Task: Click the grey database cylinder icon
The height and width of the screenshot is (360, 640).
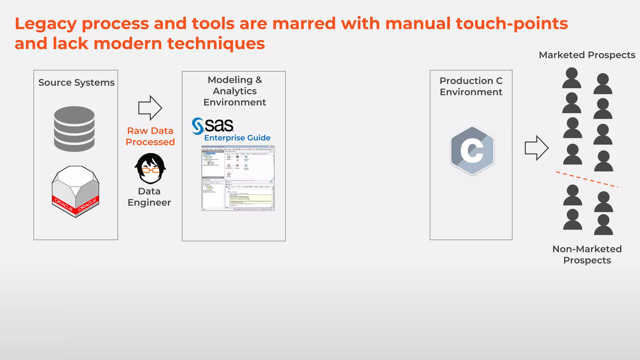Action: pos(74,129)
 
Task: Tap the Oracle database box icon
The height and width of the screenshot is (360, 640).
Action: pos(75,191)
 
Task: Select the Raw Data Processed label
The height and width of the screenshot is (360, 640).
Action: pos(150,136)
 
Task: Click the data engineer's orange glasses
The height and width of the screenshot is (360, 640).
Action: pos(150,170)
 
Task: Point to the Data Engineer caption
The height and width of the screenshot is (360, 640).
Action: pos(149,197)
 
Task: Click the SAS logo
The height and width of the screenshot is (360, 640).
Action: pos(213,126)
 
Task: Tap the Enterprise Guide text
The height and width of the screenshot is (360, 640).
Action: pos(237,138)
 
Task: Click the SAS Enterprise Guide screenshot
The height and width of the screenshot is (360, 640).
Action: pos(238,178)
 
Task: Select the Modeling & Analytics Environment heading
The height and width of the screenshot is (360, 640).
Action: pos(234,91)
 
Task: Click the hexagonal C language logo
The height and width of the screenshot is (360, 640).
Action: pos(472,151)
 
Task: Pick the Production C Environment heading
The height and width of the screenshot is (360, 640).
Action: pos(471,86)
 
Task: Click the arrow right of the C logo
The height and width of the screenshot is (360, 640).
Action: pos(536,148)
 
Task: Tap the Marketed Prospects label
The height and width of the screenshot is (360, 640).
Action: pos(587,55)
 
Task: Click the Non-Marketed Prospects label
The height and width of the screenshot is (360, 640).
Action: pos(587,254)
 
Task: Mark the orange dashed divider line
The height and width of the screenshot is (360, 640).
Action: pos(587,179)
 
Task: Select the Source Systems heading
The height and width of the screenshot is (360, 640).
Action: pos(76,82)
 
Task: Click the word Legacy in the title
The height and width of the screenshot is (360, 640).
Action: pos(46,24)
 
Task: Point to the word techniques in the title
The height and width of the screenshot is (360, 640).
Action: pos(216,43)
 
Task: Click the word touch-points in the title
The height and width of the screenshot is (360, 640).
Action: pos(512,24)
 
